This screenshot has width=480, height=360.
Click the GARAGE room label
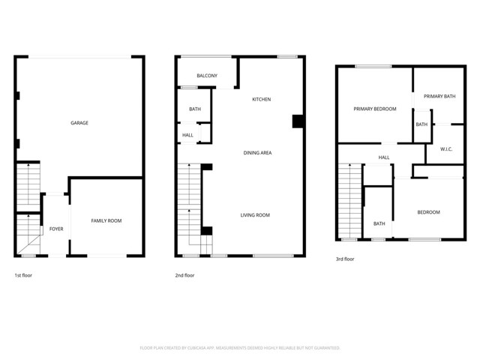click(x=79, y=123)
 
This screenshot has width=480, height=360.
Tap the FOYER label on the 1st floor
click(x=57, y=229)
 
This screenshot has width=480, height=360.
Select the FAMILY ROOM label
click(x=106, y=220)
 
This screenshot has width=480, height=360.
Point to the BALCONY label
click(x=207, y=76)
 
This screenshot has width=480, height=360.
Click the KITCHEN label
click(x=261, y=100)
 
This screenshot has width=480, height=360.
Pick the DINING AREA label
click(x=257, y=153)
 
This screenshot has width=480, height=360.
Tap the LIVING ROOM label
click(x=255, y=215)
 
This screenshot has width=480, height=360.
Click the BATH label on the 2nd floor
click(x=195, y=109)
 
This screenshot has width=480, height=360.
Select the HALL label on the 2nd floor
click(x=187, y=135)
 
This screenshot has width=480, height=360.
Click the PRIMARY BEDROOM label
click(x=375, y=109)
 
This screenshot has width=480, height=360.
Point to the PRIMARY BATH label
click(x=439, y=96)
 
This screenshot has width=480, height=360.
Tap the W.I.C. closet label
click(x=445, y=148)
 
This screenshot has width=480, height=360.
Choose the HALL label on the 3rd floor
click(x=384, y=157)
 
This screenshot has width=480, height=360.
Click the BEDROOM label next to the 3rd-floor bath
click(x=429, y=212)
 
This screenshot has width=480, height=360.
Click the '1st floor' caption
click(x=23, y=275)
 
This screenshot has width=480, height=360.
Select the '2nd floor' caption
click(x=185, y=275)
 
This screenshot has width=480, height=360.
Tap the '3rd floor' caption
click(x=345, y=259)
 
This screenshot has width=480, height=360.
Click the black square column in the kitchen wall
click(x=297, y=121)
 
